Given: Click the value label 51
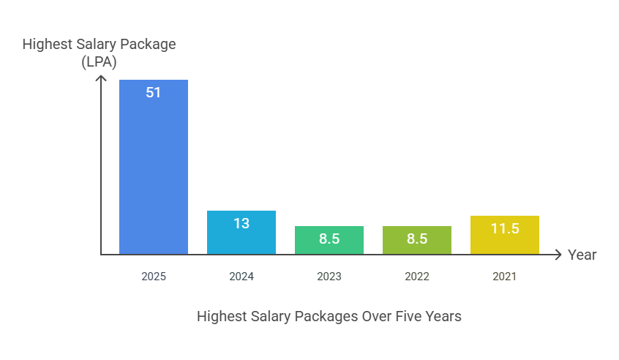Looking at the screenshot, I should click(x=154, y=93).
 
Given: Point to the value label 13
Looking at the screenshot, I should click(x=241, y=224).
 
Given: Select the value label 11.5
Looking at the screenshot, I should click(x=505, y=229).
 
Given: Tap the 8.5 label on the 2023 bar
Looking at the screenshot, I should click(x=329, y=239).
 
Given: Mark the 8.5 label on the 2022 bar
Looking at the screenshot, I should click(x=417, y=239).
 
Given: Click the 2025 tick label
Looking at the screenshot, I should click(x=154, y=277).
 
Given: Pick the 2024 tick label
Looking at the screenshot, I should click(x=241, y=277).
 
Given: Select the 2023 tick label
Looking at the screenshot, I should click(x=329, y=277).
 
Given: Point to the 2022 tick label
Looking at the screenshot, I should click(x=417, y=277).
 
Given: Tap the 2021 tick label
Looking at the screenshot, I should click(x=505, y=277).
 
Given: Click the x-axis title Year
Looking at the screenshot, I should click(x=582, y=255).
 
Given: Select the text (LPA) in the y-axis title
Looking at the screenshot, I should click(x=100, y=62).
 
